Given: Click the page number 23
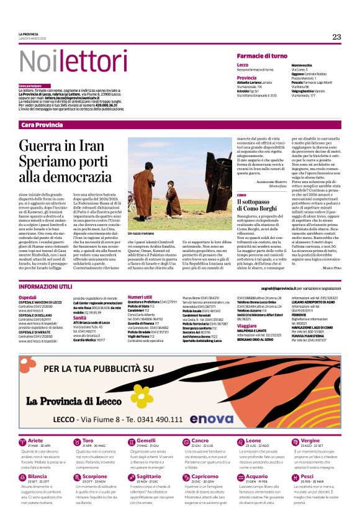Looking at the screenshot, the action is click(336, 37).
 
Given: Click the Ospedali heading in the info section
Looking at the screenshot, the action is click(28, 298).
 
